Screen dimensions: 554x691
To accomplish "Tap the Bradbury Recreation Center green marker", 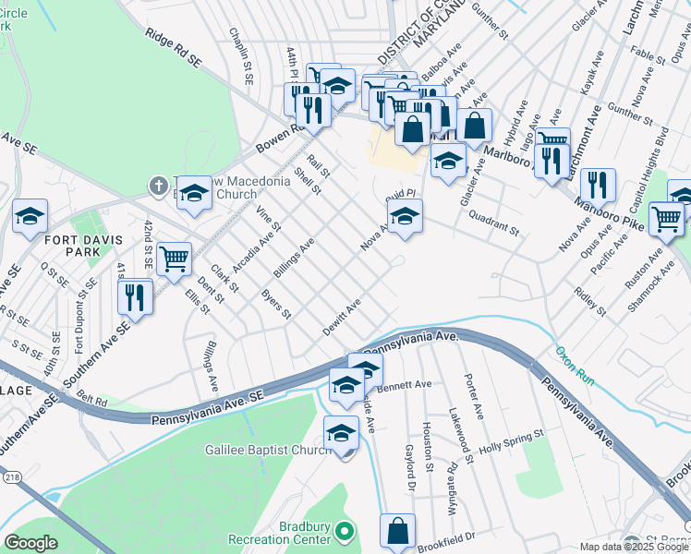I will click(345, 532).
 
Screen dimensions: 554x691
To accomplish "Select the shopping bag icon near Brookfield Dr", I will click(397, 530).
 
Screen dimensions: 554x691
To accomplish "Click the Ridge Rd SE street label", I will click(174, 47).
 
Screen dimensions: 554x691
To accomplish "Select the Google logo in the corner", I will click(30, 543).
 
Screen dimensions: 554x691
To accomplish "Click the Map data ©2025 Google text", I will click(635, 547).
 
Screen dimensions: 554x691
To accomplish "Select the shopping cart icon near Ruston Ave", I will click(666, 218).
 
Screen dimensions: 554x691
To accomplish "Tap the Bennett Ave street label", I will click(404, 385).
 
